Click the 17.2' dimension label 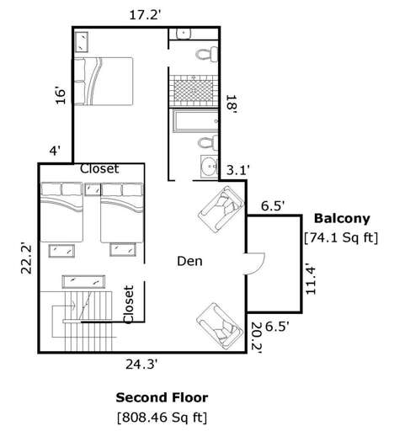tap(146, 14)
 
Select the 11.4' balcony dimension tap(312, 279)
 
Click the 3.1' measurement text tap(238, 170)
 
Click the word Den tap(189, 262)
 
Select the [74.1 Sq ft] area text tap(341, 238)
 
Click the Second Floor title tap(162, 397)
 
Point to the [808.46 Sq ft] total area tap(162, 417)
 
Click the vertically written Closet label tap(129, 305)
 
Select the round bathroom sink tap(209, 165)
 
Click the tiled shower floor tap(193, 88)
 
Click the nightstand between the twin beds tap(93, 189)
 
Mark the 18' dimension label tap(230, 104)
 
